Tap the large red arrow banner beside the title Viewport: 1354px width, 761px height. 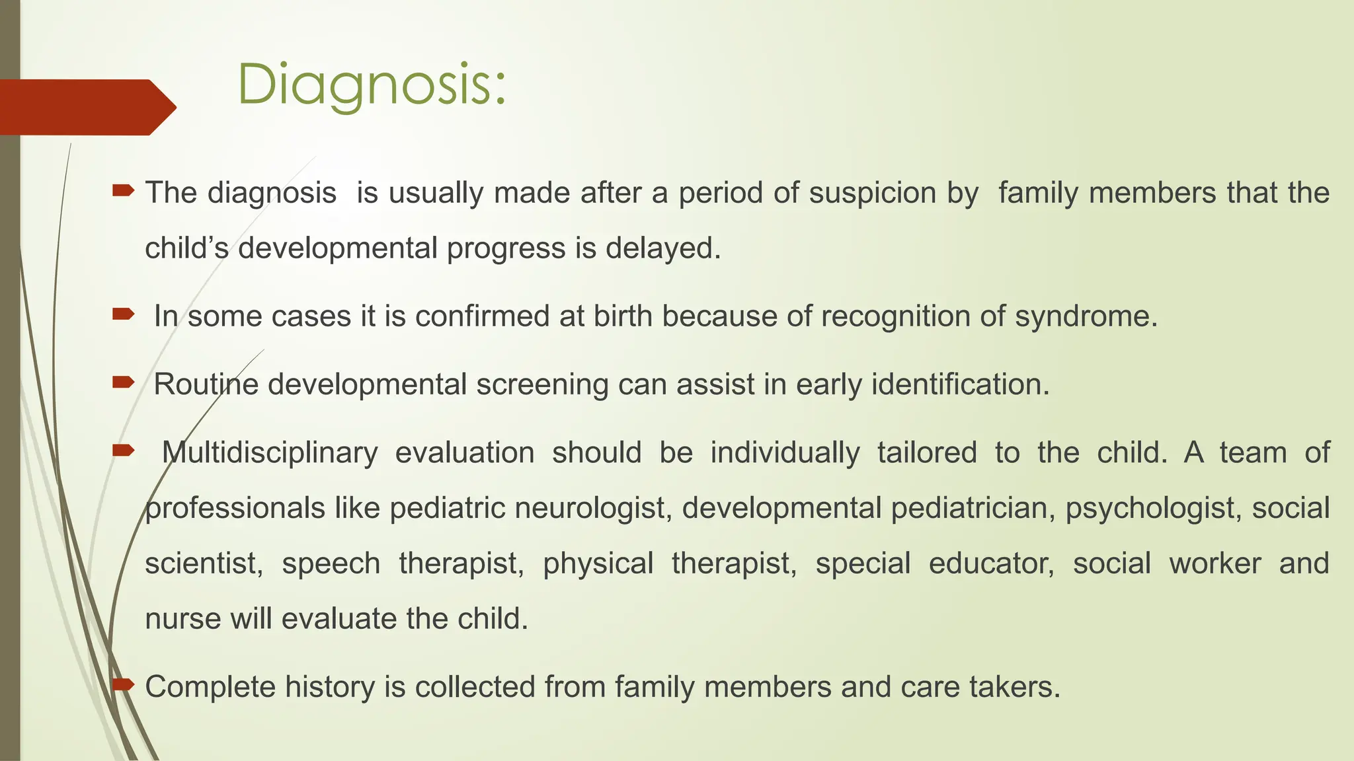click(x=86, y=107)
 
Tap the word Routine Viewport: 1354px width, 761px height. click(x=206, y=384)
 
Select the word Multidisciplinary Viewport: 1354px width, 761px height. click(x=270, y=453)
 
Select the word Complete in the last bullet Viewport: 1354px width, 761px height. click(x=210, y=687)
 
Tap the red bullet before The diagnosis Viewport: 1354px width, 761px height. click(x=123, y=192)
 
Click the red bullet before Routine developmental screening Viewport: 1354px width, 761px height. click(x=123, y=382)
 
